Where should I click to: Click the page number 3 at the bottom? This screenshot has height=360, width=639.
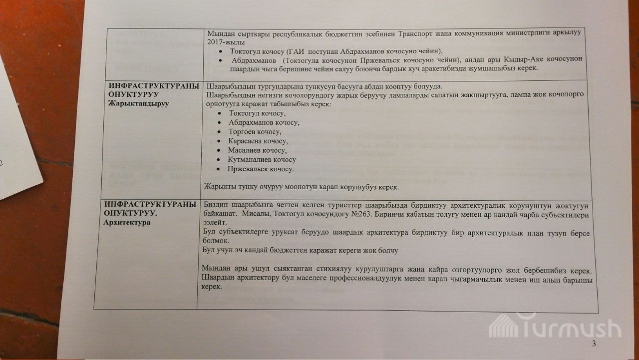coord(594,343)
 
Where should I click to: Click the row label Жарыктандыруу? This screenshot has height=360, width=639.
coord(139,103)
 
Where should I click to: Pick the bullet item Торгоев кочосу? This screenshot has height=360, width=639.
coord(255,132)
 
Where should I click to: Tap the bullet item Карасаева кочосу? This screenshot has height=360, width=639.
coord(258,141)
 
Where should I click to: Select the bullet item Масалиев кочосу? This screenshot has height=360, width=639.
coord(257,150)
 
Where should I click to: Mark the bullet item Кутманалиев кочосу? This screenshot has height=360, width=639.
coord(262,160)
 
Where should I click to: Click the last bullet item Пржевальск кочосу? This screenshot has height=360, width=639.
coord(261,169)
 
